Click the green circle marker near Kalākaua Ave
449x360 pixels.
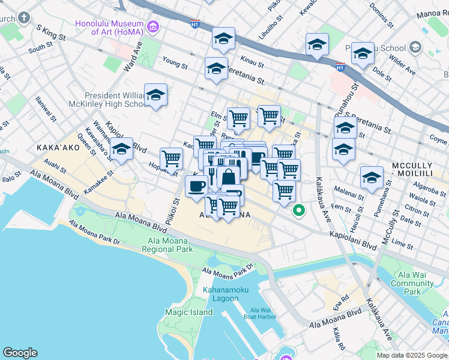click(x=298, y=211)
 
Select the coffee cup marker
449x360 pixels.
click(x=196, y=186)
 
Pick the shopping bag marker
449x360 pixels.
click(x=229, y=178)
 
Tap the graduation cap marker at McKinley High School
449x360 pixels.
click(x=156, y=95)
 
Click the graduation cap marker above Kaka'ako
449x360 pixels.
click(x=121, y=149)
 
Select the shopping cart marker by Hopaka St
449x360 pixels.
click(x=172, y=159)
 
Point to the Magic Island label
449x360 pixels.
click(x=189, y=312)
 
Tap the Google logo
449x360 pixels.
click(x=20, y=353)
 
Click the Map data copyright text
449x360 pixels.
click(x=412, y=355)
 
